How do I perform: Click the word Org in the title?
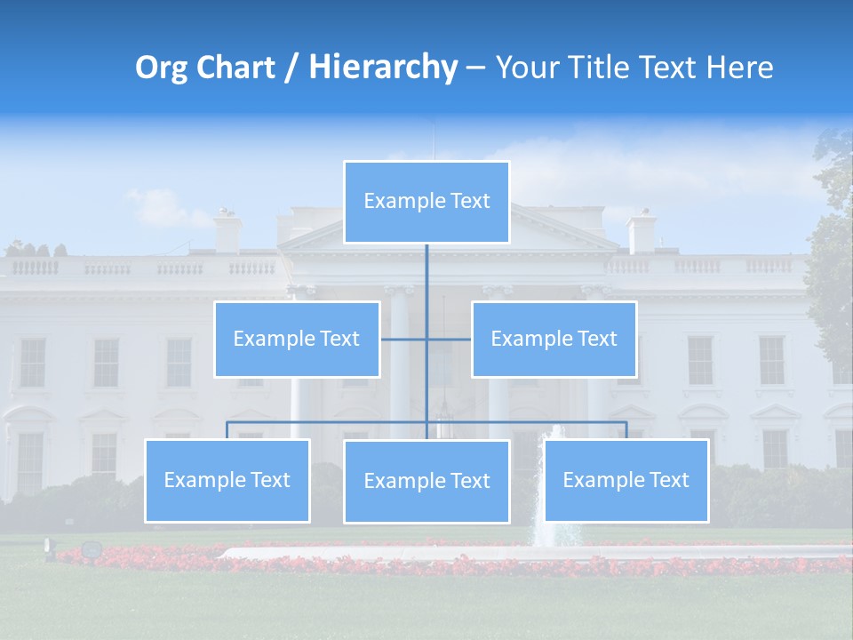tap(159, 68)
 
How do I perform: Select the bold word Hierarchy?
tap(382, 68)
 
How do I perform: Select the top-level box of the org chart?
tap(426, 202)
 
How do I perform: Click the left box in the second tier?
tap(297, 339)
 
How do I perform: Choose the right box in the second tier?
tap(554, 339)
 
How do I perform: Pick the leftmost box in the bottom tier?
tap(227, 481)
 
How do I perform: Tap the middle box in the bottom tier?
tap(426, 482)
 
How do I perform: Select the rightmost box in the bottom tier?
tap(626, 481)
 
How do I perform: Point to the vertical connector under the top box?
tap(426, 276)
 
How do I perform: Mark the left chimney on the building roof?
tap(228, 231)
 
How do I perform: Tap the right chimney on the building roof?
tap(642, 231)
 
